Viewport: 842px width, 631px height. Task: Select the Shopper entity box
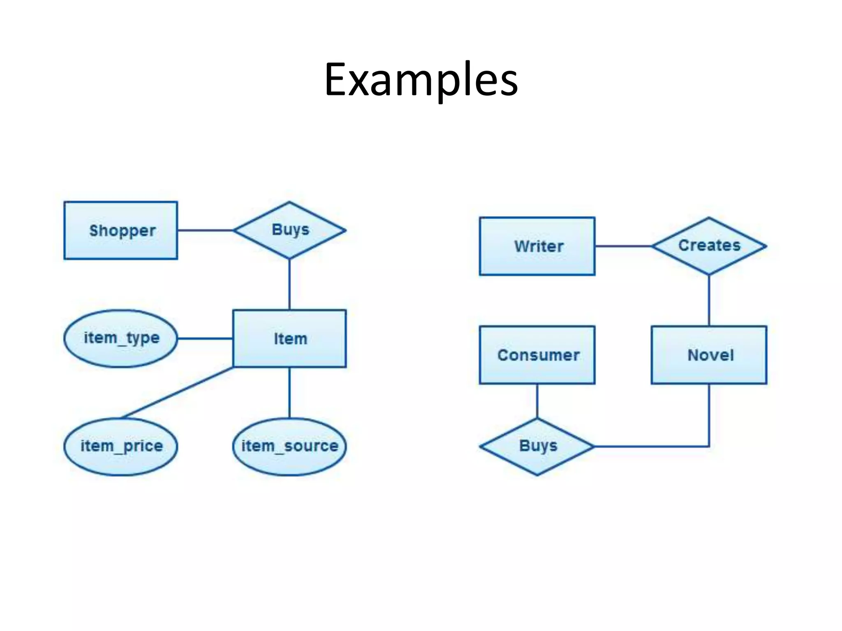[x=121, y=230]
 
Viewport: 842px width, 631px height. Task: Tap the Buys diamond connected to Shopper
[x=289, y=230]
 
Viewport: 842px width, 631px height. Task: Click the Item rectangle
[x=289, y=339]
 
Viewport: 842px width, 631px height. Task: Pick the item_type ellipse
[x=121, y=339]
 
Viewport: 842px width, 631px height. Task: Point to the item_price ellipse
[x=121, y=447]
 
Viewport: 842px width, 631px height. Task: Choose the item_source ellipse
[x=289, y=447]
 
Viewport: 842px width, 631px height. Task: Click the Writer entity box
[x=537, y=246]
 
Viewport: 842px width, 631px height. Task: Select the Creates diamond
[x=709, y=246]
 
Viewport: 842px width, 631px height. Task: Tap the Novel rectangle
[x=709, y=355]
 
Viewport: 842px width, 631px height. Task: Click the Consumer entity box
[x=537, y=355]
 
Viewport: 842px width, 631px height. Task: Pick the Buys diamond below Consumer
[x=537, y=447]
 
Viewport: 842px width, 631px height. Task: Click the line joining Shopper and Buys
[x=206, y=230]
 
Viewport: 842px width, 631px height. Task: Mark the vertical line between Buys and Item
[x=289, y=284]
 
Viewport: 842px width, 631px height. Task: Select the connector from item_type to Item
[x=205, y=339]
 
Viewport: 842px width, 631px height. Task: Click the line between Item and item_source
[x=289, y=393]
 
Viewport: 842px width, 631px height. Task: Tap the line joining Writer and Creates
[x=623, y=246]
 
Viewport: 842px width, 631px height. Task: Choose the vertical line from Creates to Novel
[x=709, y=300]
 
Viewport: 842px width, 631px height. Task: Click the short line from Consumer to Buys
[x=537, y=401]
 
